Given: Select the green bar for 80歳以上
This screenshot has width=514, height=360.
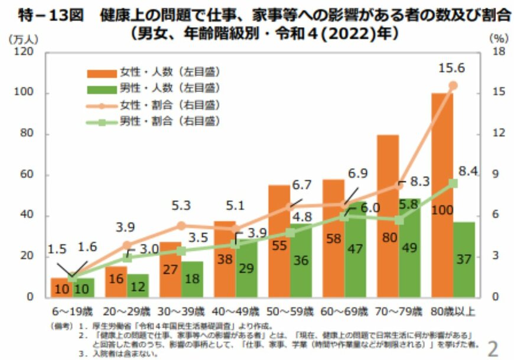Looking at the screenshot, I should (464, 260).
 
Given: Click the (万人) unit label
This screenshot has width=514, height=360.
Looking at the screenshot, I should (24, 39).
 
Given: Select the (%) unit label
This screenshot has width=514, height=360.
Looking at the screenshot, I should (497, 38).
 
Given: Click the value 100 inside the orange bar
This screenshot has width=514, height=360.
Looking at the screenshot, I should (442, 210).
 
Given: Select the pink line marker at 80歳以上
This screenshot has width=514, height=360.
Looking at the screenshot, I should (453, 86).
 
